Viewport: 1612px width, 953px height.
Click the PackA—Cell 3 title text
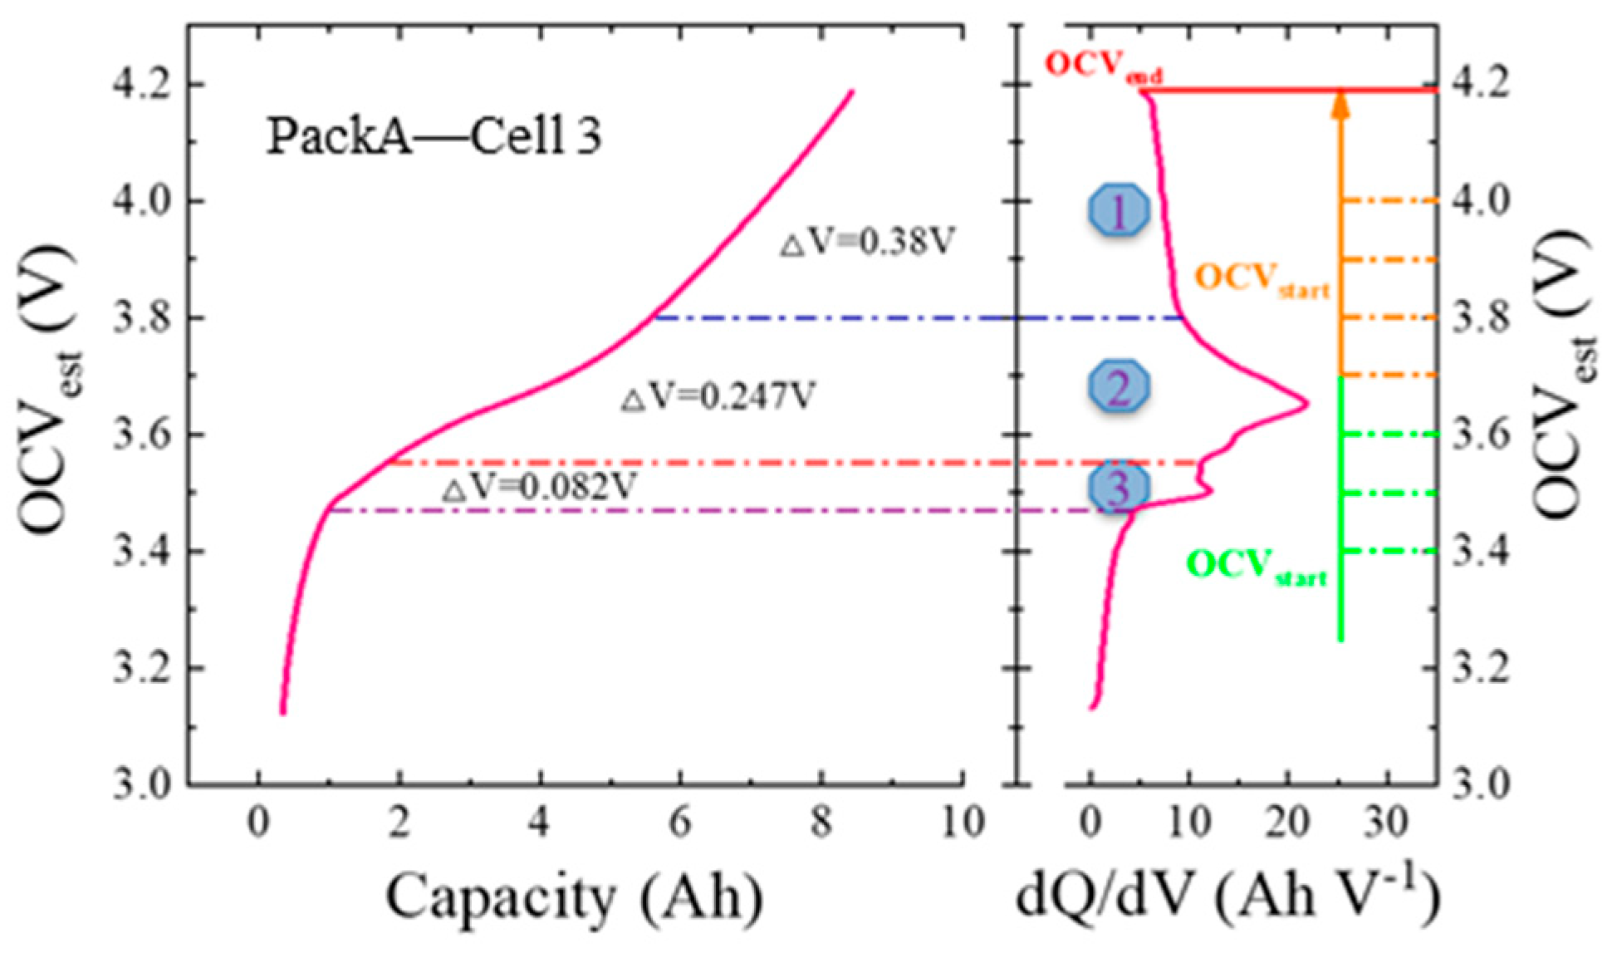pos(434,136)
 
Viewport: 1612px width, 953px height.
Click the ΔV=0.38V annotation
pos(867,243)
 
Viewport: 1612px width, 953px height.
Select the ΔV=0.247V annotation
pos(718,397)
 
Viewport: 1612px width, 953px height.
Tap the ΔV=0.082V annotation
pos(539,488)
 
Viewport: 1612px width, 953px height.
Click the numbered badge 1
pos(1119,211)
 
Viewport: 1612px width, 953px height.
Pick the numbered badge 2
pos(1119,387)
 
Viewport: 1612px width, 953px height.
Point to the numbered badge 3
pos(1119,488)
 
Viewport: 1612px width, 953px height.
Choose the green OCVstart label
pos(1256,567)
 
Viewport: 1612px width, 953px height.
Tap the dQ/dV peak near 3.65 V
pos(1307,405)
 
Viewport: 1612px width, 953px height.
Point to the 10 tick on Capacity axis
pos(962,823)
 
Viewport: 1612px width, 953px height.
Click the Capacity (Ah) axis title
pos(574,898)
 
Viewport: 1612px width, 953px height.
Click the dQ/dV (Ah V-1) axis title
pos(1227,898)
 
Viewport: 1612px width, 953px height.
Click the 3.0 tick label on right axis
pos(1480,784)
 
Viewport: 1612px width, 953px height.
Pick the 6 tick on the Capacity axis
pos(680,823)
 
